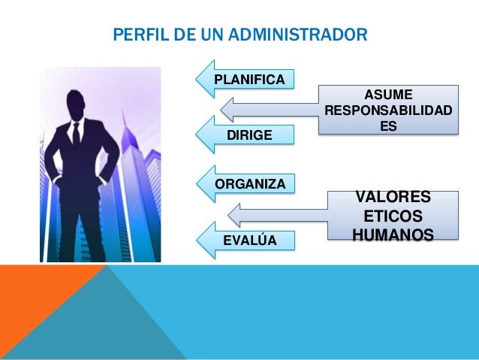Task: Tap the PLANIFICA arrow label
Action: [x=249, y=80]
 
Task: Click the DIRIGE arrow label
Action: [x=249, y=134]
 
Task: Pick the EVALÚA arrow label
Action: [x=250, y=240]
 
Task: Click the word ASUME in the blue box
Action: [x=387, y=94]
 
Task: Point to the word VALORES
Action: [x=393, y=197]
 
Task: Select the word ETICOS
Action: [x=393, y=216]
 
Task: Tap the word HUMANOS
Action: [x=393, y=235]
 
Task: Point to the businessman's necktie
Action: [x=76, y=135]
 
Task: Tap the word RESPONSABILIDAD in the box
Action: [x=387, y=111]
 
